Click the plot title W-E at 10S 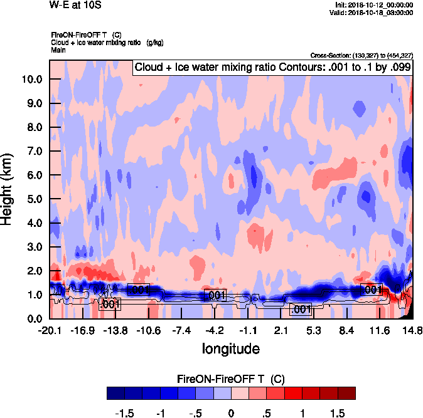click(x=74, y=5)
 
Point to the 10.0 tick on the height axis click(x=33, y=80)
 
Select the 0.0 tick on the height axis click(x=35, y=319)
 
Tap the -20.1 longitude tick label click(x=49, y=330)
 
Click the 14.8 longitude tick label click(x=412, y=330)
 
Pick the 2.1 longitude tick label click(x=281, y=330)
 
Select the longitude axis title click(x=230, y=348)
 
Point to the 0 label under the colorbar click(x=231, y=414)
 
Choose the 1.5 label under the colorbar click(x=336, y=414)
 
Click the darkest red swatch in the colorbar click(x=346, y=394)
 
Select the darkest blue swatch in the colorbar click(x=115, y=394)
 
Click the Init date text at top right click(x=375, y=5)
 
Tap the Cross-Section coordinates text click(x=361, y=56)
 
